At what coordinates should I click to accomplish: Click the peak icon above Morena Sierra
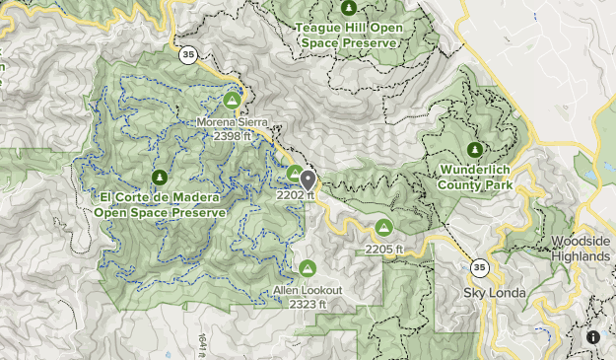pyautogui.click(x=233, y=101)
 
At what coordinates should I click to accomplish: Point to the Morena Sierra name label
pyautogui.click(x=233, y=122)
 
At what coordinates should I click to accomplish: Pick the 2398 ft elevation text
pyautogui.click(x=233, y=135)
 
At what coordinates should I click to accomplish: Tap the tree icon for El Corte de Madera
pyautogui.click(x=160, y=178)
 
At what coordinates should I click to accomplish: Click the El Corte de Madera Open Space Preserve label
pyautogui.click(x=160, y=204)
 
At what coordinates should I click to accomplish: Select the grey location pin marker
pyautogui.click(x=308, y=180)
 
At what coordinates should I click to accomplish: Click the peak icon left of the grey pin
pyautogui.click(x=294, y=175)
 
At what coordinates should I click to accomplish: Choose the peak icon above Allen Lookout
pyautogui.click(x=308, y=268)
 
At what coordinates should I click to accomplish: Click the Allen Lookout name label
pyautogui.click(x=308, y=291)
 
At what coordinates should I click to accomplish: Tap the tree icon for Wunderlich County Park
pyautogui.click(x=474, y=150)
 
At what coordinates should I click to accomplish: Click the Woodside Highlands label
pyautogui.click(x=581, y=249)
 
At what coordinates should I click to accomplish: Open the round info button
pyautogui.click(x=593, y=337)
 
